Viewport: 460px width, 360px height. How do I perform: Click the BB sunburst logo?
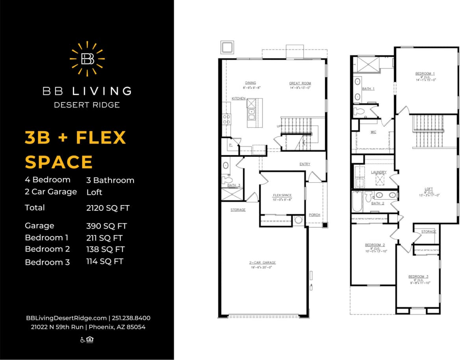pos(87,59)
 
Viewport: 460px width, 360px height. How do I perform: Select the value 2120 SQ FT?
pos(108,208)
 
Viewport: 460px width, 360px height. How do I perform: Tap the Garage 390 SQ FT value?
pos(106,226)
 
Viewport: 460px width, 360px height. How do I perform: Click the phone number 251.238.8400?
pos(131,318)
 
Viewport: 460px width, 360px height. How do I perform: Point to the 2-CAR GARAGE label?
pos(262,262)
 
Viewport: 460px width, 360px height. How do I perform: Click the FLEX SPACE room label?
pos(282,195)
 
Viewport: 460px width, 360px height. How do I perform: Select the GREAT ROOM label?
pos(300,84)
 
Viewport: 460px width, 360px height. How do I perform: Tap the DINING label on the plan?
pos(250,83)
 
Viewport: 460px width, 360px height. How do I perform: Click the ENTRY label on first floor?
pos(304,164)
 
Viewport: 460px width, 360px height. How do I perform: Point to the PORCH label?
pos(314,215)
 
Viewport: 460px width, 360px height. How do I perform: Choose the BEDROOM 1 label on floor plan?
pos(425,74)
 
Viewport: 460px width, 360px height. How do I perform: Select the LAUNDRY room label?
pos(378,172)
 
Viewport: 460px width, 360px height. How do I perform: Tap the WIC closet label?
pos(373,132)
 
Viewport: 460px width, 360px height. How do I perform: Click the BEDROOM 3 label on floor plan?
pos(418,276)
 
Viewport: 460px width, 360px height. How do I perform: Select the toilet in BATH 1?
pos(360,111)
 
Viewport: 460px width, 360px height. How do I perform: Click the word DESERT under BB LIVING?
pos(70,105)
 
